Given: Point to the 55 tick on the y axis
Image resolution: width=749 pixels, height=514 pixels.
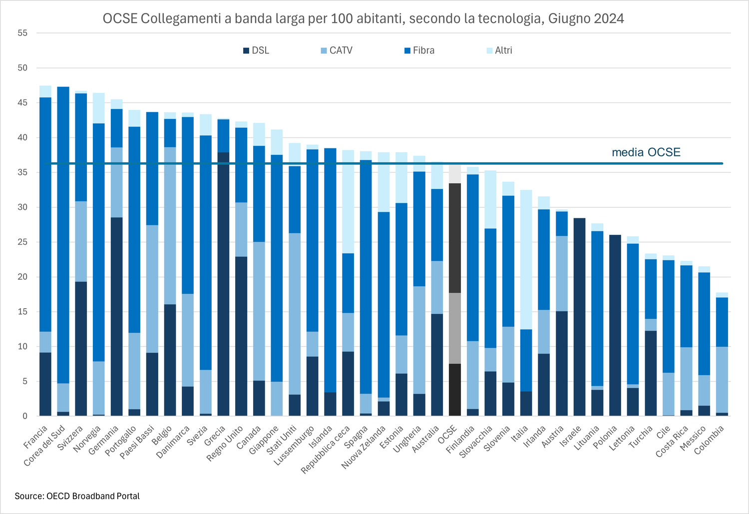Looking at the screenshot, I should pos(22,33).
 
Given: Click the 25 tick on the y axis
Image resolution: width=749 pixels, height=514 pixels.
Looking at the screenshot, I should pos(22,242).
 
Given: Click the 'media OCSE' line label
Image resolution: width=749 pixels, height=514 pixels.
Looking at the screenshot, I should pos(646,152).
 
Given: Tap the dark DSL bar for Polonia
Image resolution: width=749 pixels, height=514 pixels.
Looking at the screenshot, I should pos(615,325).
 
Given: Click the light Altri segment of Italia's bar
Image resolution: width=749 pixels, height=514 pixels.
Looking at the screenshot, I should pos(526,260).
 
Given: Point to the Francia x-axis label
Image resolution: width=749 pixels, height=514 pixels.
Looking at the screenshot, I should pos(36,436).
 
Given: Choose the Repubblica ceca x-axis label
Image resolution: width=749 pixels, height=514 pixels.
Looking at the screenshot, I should pos(326,450).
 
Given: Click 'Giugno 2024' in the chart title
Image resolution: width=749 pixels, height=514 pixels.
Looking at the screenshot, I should pos(586,18).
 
